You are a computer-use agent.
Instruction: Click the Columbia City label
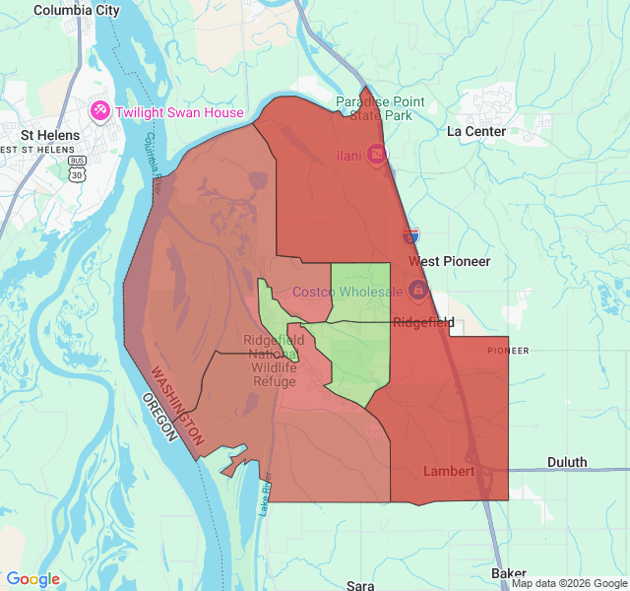coord(76,10)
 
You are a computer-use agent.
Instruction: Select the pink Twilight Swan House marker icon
coord(100,111)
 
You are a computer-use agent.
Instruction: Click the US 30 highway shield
coord(77,173)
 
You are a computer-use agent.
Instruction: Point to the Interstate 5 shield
coord(410,235)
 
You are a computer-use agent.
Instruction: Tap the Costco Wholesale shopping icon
coord(417,291)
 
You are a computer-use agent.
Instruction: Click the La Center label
coord(475,131)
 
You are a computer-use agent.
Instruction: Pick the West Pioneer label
coord(449,262)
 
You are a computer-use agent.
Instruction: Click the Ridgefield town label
coord(423,322)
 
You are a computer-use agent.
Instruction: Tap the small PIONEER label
coord(508,351)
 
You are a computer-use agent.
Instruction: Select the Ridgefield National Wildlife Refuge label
coord(274,361)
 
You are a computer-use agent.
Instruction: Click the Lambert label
coord(448,471)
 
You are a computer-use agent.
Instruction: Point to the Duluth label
coord(566,462)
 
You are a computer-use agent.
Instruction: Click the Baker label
coord(508,573)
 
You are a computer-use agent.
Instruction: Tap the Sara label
coord(359,585)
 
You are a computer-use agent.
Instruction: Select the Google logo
coord(32,579)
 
